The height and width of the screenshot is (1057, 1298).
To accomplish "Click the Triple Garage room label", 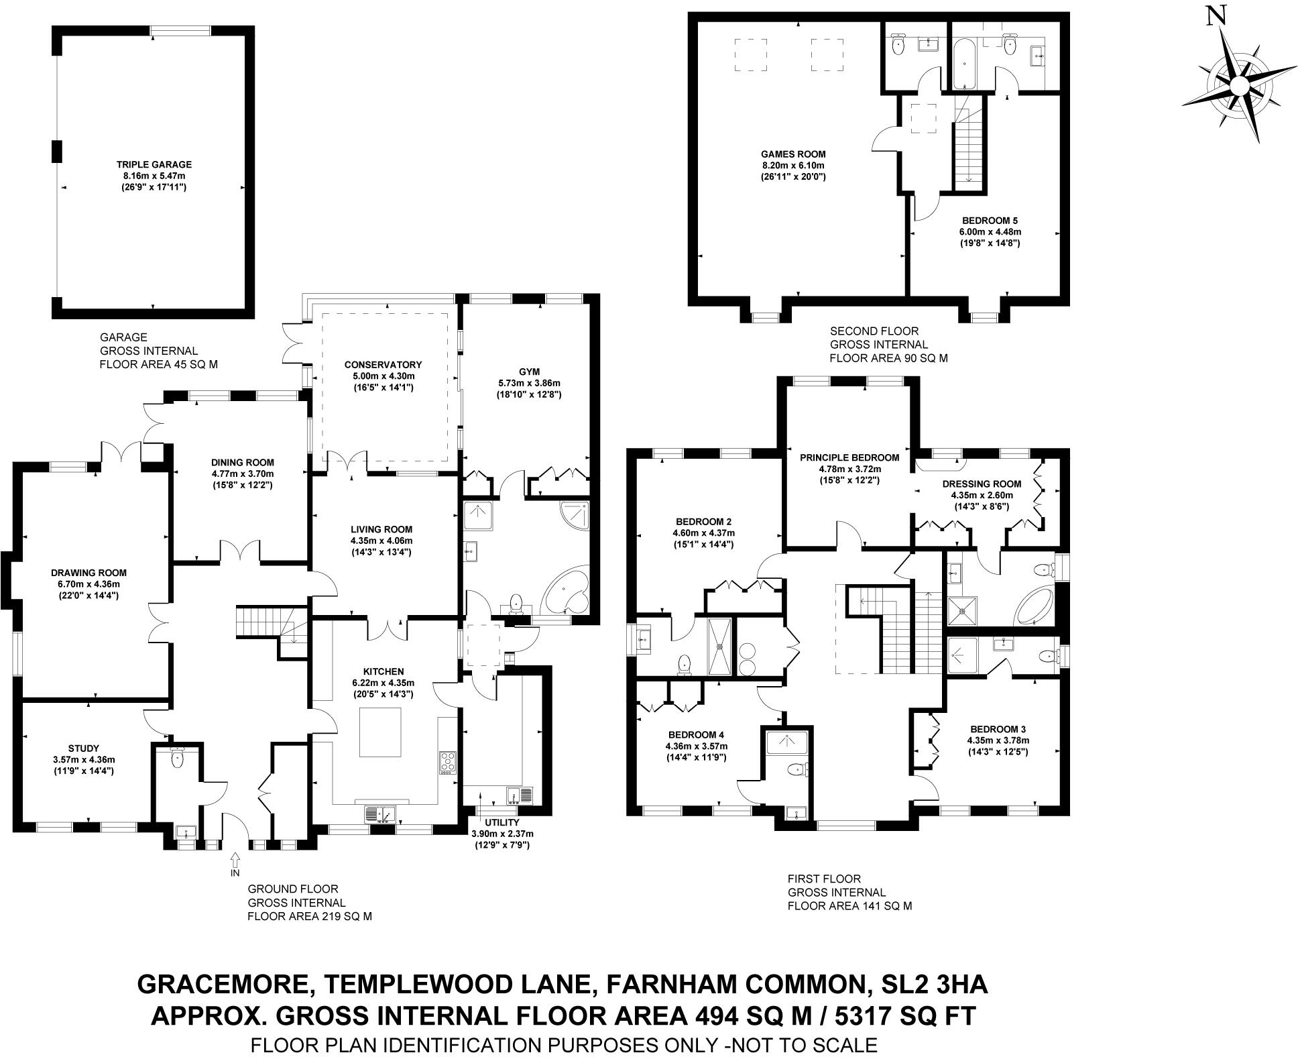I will (154, 164).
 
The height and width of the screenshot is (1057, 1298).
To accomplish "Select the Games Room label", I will (793, 154).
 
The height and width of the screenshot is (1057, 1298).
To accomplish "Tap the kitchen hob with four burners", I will (447, 763).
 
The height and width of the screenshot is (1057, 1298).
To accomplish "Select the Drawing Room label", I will (88, 573).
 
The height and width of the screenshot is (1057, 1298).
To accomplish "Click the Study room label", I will (84, 748).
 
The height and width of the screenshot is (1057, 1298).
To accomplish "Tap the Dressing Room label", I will (982, 484).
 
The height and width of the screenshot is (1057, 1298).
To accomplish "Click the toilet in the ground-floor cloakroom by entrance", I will (178, 758).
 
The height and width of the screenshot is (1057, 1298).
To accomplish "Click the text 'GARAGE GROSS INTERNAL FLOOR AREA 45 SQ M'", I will (158, 351).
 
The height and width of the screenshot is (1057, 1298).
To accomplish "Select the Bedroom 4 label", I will (696, 735).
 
